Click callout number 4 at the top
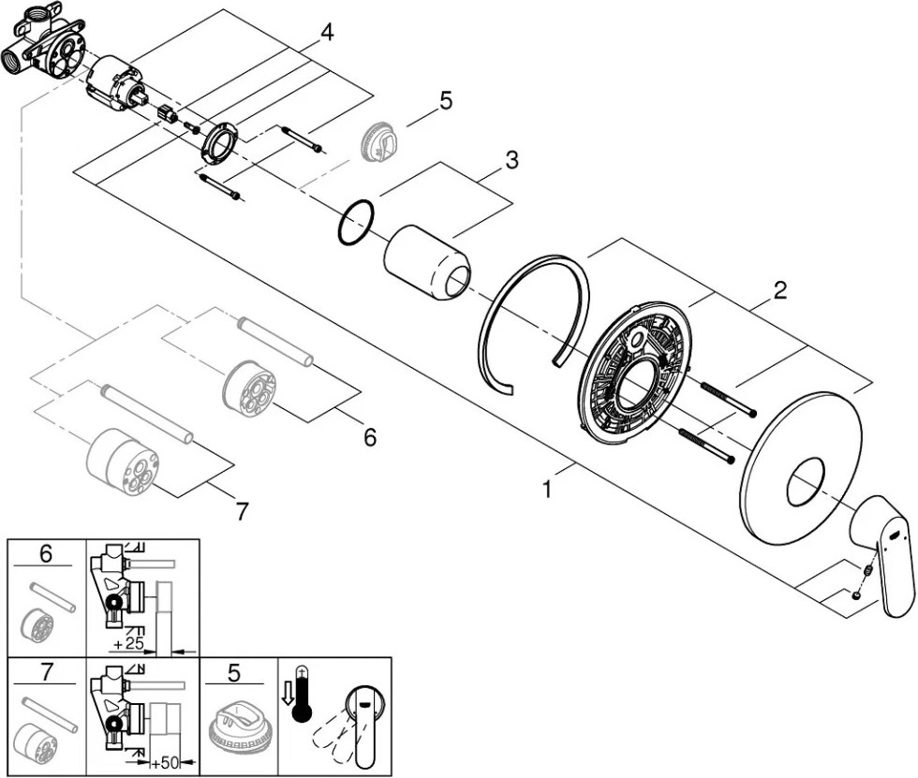pyautogui.click(x=327, y=32)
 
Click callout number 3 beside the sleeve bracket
pyautogui.click(x=511, y=159)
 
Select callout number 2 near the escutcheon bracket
pyautogui.click(x=779, y=289)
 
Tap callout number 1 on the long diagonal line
pyautogui.click(x=547, y=489)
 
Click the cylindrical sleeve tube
pyautogui.click(x=427, y=263)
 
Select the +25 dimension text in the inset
pyautogui.click(x=128, y=643)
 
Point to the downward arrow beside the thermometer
pyautogui.click(x=287, y=694)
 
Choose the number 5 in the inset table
pyautogui.click(x=233, y=673)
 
